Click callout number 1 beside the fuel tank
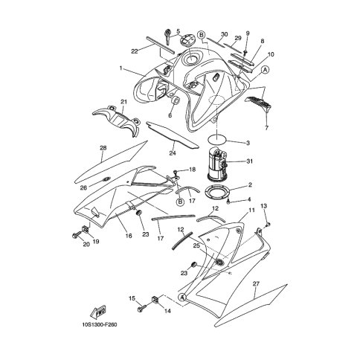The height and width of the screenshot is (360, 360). pos(120,68)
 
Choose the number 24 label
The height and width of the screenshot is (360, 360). pos(172,154)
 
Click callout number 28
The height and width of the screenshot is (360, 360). pos(103,147)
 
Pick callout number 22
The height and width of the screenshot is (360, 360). pos(135,51)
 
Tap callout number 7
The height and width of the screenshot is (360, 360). pos(266,128)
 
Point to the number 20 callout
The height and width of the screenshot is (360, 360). pos(86,244)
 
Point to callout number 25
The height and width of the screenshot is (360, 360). pos(196,245)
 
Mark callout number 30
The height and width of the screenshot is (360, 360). pos(223,34)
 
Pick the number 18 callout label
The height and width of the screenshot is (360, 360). pos(192,170)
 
